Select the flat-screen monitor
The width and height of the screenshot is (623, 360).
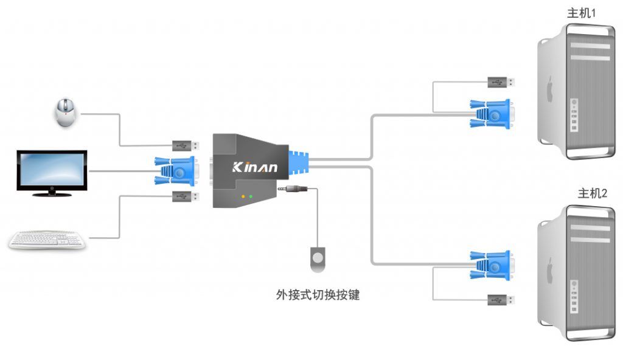point(52,171)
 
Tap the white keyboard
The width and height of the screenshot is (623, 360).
point(47,240)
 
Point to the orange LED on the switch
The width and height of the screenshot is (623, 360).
point(243,196)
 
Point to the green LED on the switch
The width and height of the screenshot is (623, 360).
point(251,196)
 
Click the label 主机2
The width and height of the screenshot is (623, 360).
point(592,194)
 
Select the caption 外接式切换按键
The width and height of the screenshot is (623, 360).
point(318,295)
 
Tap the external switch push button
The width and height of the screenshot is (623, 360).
point(318,257)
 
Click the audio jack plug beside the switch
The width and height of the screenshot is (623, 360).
point(293,189)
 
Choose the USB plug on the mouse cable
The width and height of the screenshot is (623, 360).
point(185,146)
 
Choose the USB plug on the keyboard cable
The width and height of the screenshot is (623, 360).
point(185,196)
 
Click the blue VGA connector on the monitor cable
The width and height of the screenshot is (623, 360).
point(176,171)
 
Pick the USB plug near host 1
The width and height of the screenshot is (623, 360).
point(501,81)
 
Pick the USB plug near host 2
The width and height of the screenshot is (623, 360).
point(501,299)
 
